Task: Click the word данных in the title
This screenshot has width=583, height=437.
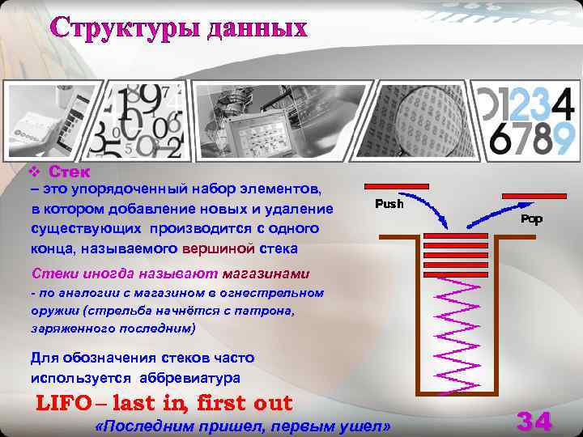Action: coord(257,28)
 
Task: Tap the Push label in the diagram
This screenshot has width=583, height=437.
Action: coord(389,204)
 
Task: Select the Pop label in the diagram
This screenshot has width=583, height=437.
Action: coord(531,218)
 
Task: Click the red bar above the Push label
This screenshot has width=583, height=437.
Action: coord(396,187)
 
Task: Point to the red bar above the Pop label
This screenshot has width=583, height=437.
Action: coord(532,196)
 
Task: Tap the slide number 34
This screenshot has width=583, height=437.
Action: coord(534,422)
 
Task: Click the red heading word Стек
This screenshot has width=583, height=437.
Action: coord(70,172)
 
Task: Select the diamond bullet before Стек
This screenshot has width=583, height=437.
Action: coord(34,172)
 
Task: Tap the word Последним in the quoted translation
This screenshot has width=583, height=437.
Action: coord(138,426)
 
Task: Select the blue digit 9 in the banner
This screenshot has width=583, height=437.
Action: coord(564,138)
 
